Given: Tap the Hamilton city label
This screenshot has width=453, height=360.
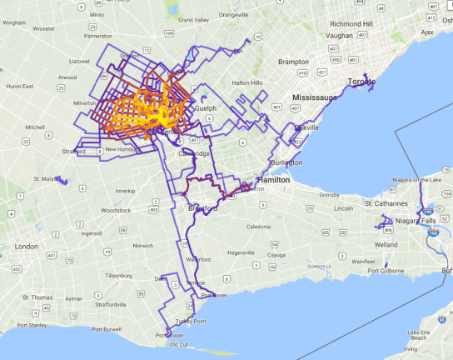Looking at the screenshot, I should click(273, 179).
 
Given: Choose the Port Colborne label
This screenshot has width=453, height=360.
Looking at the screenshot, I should click(386, 270).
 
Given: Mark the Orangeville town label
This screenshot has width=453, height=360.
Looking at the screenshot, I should click(233, 14).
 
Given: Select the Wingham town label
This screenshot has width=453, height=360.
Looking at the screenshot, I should click(14, 22).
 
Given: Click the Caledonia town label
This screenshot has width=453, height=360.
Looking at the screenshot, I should click(259, 226).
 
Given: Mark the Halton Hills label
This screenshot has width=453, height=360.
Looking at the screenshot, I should click(247, 82).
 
